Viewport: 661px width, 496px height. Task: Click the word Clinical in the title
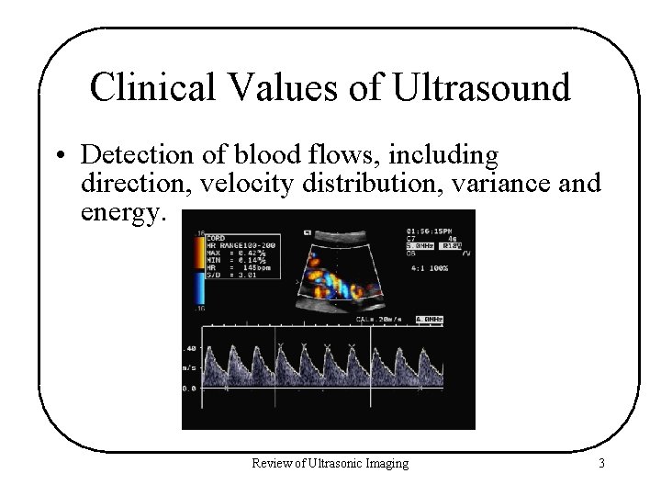[x=151, y=88]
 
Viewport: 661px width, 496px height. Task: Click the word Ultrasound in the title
[x=480, y=88]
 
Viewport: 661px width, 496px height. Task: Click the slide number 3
[x=600, y=464]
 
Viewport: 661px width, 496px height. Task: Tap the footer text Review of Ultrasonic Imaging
[x=330, y=464]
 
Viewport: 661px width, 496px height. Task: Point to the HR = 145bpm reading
[x=238, y=267]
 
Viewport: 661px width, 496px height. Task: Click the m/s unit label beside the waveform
[x=188, y=368]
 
